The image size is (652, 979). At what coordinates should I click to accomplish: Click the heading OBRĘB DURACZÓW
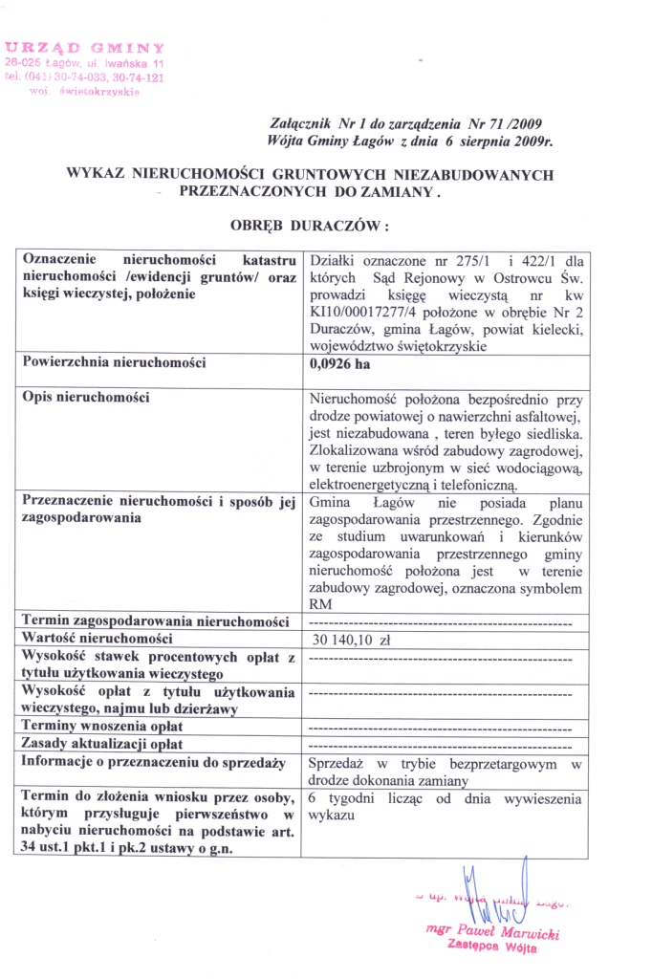pos(311,228)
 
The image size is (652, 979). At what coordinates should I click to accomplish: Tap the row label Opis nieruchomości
pos(85,397)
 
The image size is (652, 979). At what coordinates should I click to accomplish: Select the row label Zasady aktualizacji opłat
pos(101,743)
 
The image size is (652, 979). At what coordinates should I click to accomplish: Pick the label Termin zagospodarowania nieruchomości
pos(155,621)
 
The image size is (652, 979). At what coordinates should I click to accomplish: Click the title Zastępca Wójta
pos(491,948)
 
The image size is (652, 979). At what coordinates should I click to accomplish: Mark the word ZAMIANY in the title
pos(394,191)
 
